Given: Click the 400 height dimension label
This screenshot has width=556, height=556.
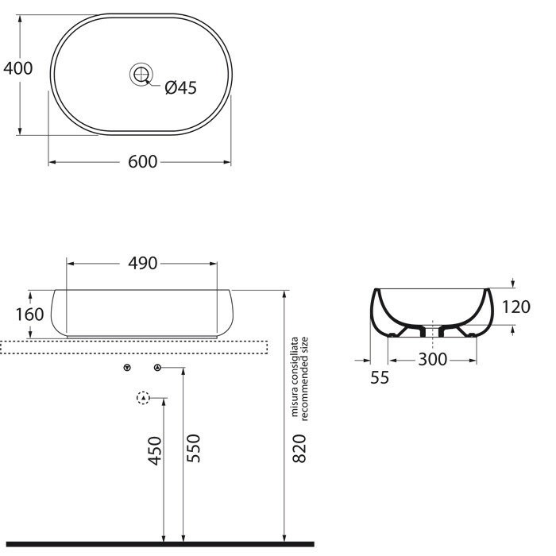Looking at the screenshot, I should click(x=17, y=68).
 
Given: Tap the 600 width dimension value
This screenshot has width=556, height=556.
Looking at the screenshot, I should click(x=141, y=162).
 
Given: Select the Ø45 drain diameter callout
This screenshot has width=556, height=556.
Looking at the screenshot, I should click(x=180, y=88).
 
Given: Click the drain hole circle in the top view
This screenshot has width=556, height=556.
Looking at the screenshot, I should click(x=141, y=75).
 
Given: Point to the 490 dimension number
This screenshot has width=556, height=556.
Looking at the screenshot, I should click(x=142, y=264).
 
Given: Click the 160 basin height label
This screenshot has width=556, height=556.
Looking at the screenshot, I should click(x=29, y=314).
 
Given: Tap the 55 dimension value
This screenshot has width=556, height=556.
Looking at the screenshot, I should click(x=380, y=378).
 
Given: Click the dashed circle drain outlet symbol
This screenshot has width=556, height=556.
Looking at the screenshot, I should click(x=143, y=398).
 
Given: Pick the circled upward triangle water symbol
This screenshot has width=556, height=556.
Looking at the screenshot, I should click(x=156, y=368).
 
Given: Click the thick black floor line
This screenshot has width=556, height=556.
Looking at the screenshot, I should click(x=159, y=544).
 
